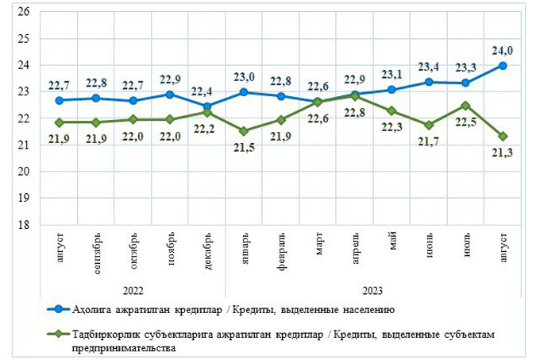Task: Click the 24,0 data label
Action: coord(503,51)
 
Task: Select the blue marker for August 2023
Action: coord(503,65)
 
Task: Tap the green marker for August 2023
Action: coord(503,136)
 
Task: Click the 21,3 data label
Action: coord(503,153)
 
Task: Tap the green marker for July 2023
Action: coord(466,105)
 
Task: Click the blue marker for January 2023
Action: coord(244,92)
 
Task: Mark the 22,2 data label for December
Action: coord(207,127)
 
